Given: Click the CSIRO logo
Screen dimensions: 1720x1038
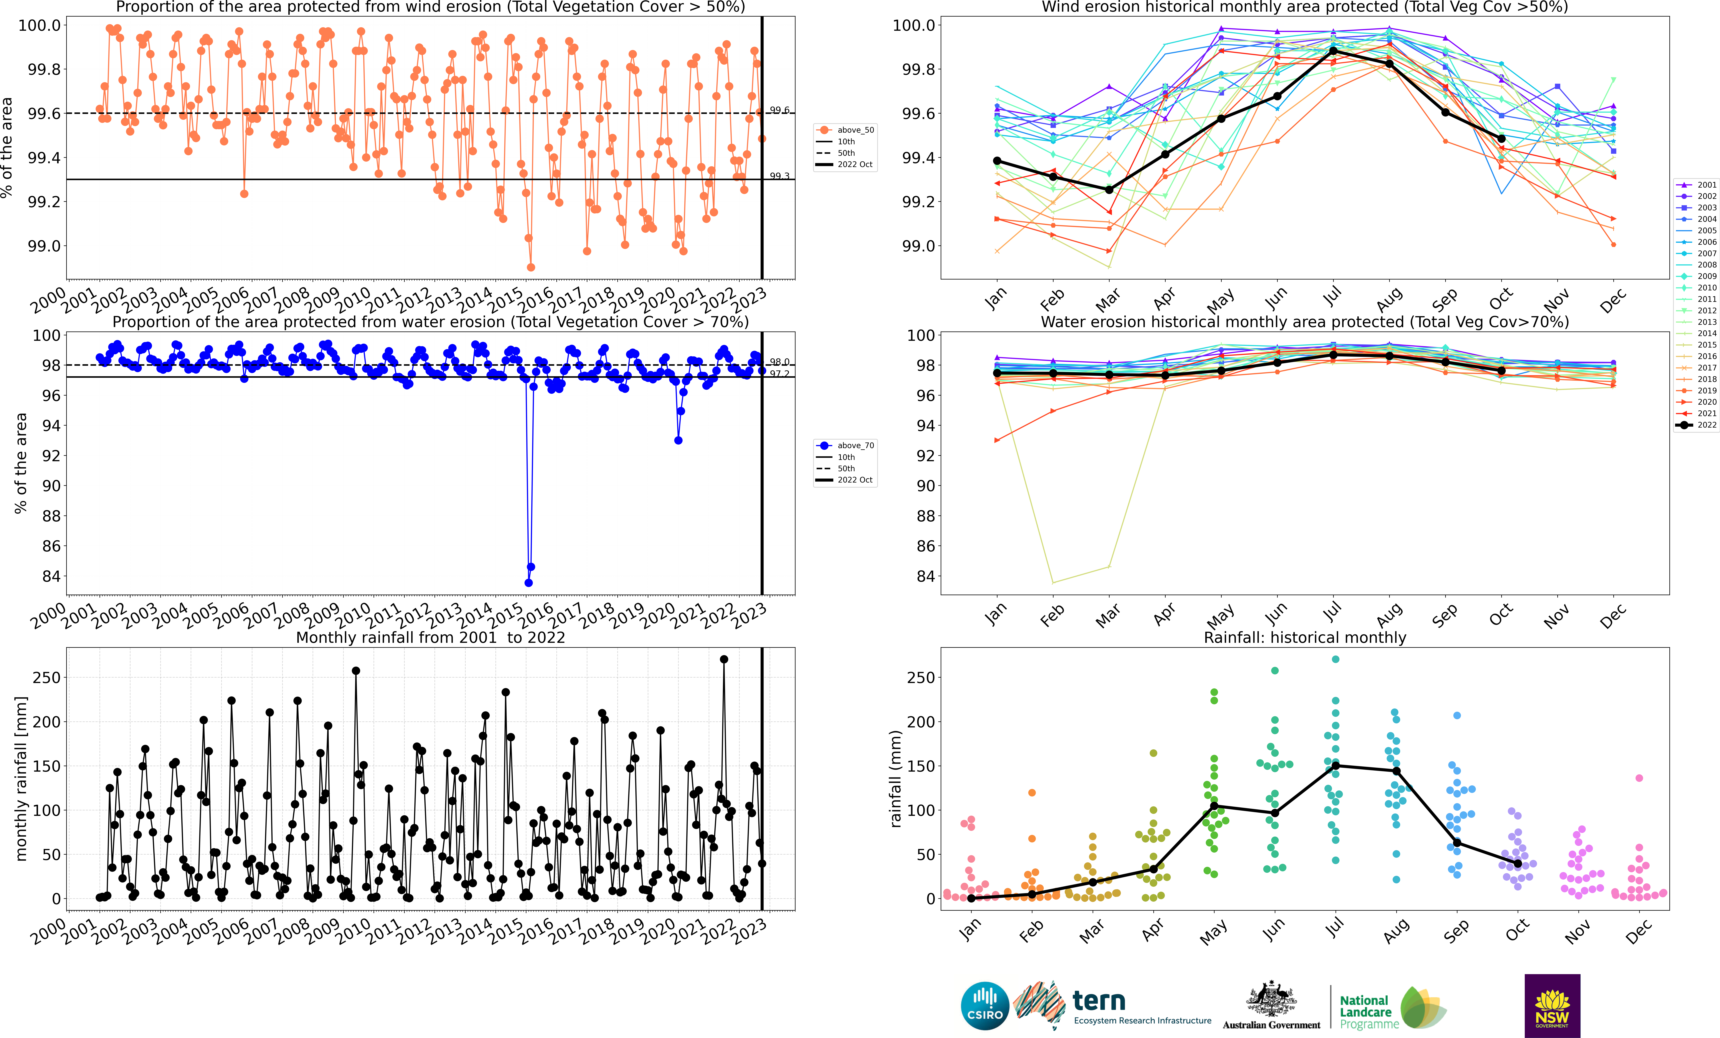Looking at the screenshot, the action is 985,1006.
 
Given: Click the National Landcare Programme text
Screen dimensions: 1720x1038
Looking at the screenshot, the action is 1369,1012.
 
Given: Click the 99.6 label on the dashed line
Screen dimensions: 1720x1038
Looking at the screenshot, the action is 780,110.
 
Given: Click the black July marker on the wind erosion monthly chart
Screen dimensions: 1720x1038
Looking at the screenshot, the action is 1333,51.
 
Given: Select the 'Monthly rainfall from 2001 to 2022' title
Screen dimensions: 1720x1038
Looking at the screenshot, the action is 431,637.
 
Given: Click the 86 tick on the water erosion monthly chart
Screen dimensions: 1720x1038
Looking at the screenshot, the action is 926,546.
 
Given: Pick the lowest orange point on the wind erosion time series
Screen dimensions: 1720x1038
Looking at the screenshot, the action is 531,267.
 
